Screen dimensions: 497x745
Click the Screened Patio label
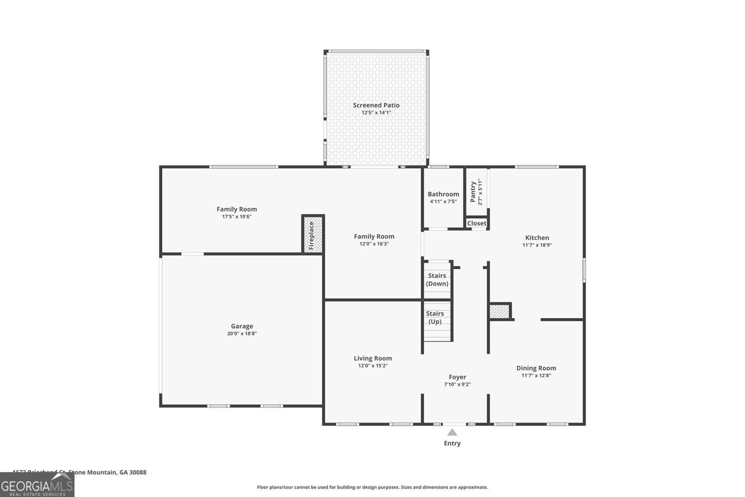coord(376,105)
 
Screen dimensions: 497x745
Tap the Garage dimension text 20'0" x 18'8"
coord(242,334)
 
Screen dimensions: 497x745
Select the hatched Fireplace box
coord(312,235)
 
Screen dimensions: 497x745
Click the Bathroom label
coord(443,194)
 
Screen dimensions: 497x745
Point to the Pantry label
coord(473,192)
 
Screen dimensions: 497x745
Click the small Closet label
coord(477,224)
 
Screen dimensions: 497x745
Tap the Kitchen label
coord(537,238)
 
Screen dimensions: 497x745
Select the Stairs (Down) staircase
coord(437,279)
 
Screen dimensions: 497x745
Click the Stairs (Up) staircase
coord(436,321)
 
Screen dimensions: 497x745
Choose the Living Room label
coord(372,358)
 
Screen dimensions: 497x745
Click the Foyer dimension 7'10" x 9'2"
coord(457,385)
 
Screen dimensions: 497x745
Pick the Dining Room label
coord(536,368)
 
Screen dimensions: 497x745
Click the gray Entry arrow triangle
coord(452,432)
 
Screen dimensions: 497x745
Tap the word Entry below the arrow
coord(452,443)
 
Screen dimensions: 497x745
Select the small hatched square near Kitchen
coord(499,312)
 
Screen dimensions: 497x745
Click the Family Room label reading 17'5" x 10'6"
coord(237,209)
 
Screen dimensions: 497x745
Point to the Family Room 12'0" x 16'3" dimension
coord(374,244)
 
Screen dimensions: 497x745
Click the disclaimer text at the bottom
coord(372,487)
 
